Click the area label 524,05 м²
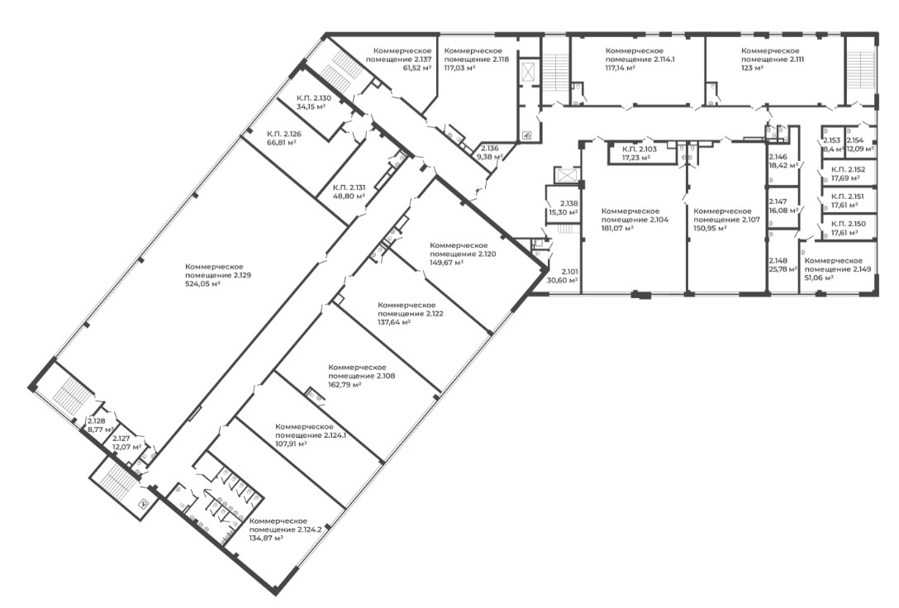tap(203, 283)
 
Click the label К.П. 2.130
tap(314, 98)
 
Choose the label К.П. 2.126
tap(283, 134)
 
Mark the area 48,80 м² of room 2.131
tap(350, 196)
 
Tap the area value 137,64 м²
tap(394, 322)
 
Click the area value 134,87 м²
tap(267, 538)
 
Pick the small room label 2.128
tap(97, 420)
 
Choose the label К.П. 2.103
tap(640, 149)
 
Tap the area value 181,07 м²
tap(617, 228)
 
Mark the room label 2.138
tap(568, 203)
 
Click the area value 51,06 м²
tap(820, 278)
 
